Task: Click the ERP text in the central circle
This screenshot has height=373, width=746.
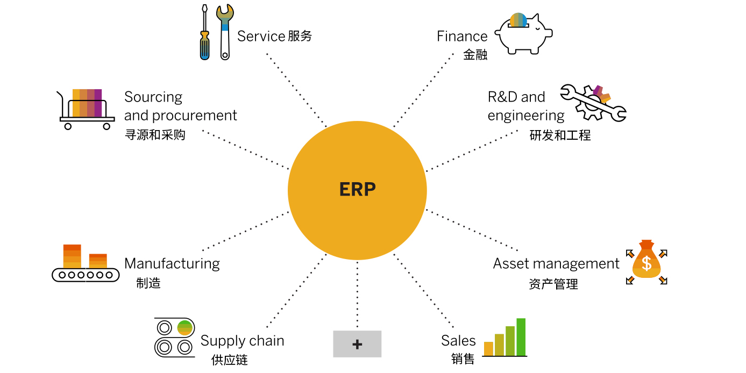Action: click(x=357, y=190)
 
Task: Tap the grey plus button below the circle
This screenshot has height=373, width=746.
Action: click(x=357, y=344)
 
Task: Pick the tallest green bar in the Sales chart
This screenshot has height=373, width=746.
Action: click(x=521, y=337)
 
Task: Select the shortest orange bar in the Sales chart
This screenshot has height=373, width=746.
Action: click(x=488, y=349)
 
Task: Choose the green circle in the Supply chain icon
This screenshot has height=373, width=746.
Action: click(x=184, y=327)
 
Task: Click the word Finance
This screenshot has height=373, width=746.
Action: click(x=462, y=36)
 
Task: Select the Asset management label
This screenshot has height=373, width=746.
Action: click(x=556, y=263)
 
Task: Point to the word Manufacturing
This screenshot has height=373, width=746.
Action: click(x=172, y=263)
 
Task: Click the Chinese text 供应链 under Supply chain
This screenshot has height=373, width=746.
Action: click(x=230, y=360)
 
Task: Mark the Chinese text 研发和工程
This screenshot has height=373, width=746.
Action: click(x=560, y=135)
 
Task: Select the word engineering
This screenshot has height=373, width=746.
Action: click(x=525, y=116)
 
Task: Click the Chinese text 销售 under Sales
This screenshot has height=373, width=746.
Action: click(x=463, y=359)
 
